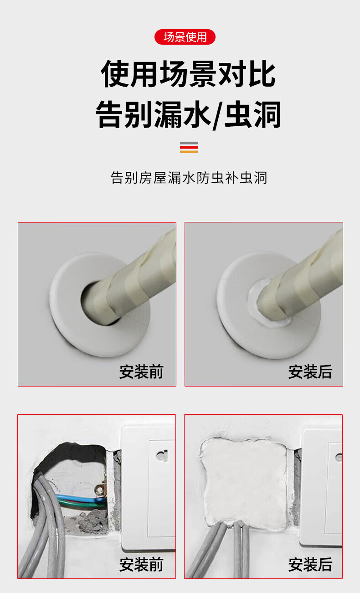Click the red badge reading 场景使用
185,37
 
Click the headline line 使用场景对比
188,74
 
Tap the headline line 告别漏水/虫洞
188,115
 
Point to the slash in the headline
217,116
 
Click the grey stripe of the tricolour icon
189,143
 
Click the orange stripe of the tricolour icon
189,152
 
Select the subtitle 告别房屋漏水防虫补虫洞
189,178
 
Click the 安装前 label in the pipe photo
141,371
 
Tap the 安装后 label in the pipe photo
310,371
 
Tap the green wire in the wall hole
79,503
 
